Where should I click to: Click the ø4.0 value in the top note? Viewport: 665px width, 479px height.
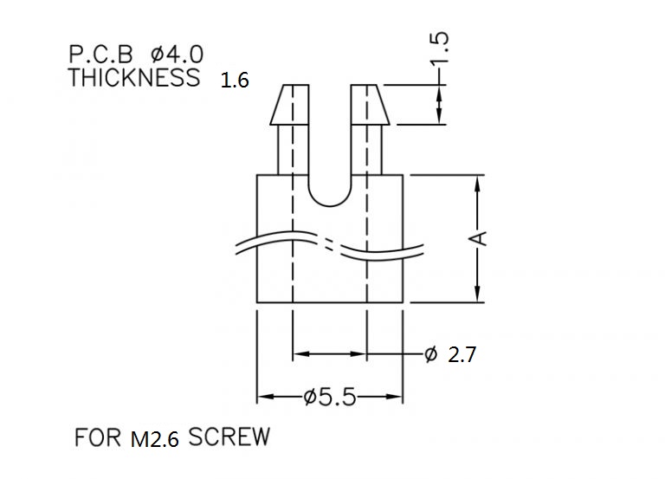pos(178,55)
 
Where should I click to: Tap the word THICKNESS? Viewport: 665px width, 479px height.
pos(134,78)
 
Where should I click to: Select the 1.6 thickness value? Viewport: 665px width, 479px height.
pos(235,81)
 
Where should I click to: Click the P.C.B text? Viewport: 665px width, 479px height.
pos(101,55)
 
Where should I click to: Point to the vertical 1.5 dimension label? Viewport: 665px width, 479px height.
pos(439,49)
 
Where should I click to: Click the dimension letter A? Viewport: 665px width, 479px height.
pos(478,238)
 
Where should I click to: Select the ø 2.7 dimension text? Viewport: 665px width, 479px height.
pos(450,354)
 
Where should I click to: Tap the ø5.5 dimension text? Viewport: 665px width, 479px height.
pos(330,398)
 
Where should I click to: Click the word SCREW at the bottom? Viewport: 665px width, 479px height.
pos(229,437)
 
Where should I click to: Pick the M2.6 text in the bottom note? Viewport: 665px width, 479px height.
pos(155,439)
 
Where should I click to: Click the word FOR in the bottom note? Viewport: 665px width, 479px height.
pos(98,437)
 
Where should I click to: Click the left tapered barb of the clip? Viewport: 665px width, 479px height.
pos(289,104)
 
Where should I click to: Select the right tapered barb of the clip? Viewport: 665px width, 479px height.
pos(371,104)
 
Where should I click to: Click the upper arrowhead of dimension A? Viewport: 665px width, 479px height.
pos(478,184)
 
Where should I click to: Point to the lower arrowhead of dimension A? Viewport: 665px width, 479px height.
pos(478,294)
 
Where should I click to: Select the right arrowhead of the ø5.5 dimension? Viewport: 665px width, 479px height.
pos(393,397)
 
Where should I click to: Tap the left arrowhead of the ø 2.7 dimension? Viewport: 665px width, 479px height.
pos(302,353)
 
